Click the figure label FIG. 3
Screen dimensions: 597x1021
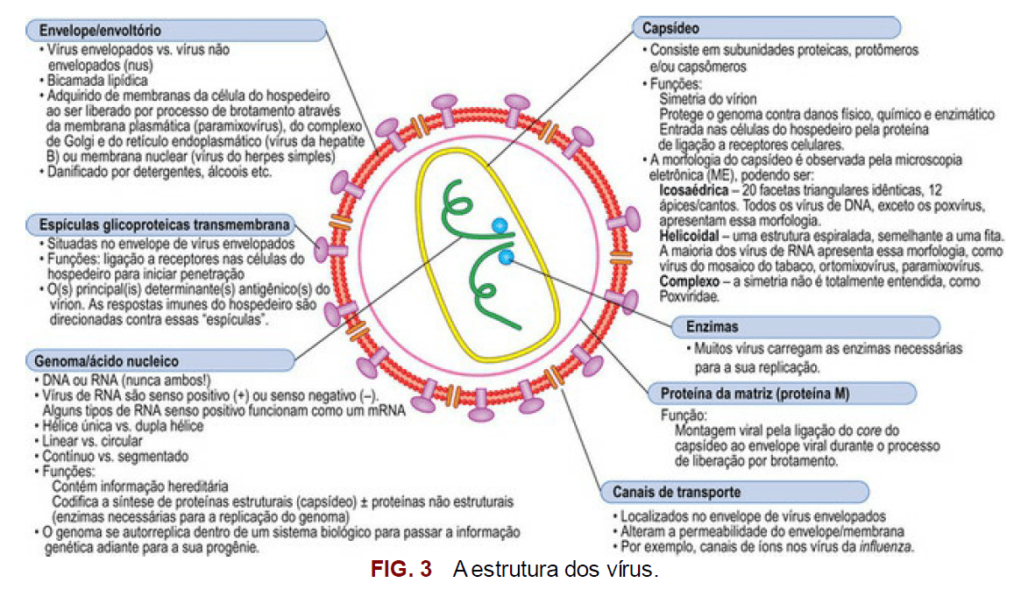401,570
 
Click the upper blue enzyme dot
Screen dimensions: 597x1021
499,226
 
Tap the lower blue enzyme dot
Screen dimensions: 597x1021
506,257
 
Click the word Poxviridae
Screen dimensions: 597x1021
690,297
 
